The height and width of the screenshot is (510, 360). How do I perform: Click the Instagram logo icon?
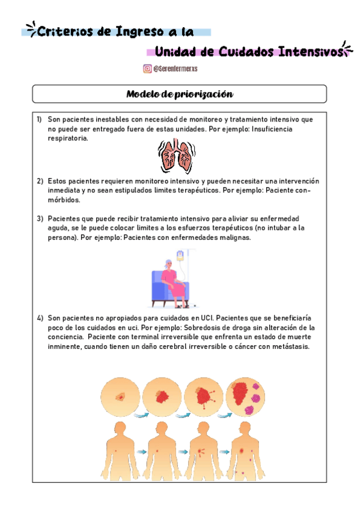click(x=147, y=69)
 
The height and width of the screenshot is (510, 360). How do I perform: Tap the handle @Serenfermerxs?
click(x=175, y=69)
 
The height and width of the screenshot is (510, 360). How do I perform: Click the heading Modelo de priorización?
click(x=179, y=94)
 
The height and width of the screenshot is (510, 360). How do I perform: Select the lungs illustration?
click(x=176, y=156)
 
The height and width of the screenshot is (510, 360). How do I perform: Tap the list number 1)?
click(x=39, y=120)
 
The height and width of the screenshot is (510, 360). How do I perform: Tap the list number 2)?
click(x=40, y=181)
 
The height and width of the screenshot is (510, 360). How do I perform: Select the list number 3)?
click(x=40, y=218)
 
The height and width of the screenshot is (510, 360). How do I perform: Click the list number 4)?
click(x=40, y=318)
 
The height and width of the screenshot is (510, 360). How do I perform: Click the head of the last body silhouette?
click(x=245, y=428)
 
